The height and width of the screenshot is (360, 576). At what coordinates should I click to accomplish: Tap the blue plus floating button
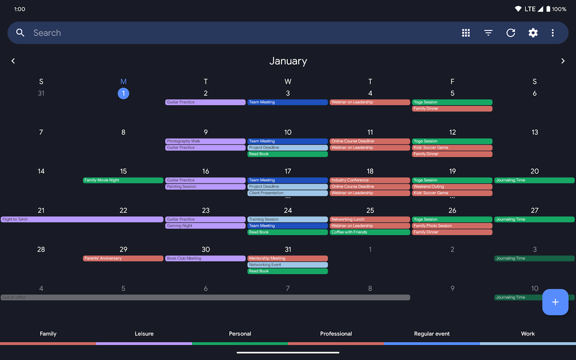pyautogui.click(x=555, y=302)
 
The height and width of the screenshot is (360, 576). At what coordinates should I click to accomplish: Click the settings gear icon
pyautogui.click(x=533, y=33)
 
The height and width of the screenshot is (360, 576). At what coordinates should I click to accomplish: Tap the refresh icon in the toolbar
pyautogui.click(x=511, y=33)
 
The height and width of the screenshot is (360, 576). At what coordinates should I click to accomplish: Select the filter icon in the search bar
pyautogui.click(x=488, y=33)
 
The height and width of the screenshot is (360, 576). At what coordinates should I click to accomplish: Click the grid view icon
pyautogui.click(x=466, y=33)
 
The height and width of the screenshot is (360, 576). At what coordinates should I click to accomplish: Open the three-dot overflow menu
pyautogui.click(x=553, y=33)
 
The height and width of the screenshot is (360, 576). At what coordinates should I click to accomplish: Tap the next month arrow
pyautogui.click(x=563, y=61)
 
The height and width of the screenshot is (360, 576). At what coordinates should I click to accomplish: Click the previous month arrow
pyautogui.click(x=13, y=61)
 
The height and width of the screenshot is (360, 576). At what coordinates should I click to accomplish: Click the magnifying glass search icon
pyautogui.click(x=20, y=33)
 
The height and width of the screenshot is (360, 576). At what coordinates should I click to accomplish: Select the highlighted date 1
pyautogui.click(x=123, y=93)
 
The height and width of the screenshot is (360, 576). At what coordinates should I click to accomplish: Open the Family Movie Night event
pyautogui.click(x=123, y=180)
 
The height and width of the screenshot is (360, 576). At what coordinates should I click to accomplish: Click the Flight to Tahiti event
pyautogui.click(x=82, y=220)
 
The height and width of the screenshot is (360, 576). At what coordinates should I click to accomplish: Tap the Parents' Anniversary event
pyautogui.click(x=123, y=259)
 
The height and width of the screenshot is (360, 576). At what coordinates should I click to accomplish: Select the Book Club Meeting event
pyautogui.click(x=205, y=259)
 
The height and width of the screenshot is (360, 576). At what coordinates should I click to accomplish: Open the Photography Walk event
pyautogui.click(x=205, y=141)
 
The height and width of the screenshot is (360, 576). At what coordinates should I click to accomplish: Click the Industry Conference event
pyautogui.click(x=370, y=180)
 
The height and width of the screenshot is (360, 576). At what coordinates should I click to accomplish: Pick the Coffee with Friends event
pyautogui.click(x=370, y=232)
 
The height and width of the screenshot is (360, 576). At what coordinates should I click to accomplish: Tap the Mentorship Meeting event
pyautogui.click(x=287, y=259)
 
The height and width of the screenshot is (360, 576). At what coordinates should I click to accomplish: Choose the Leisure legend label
pyautogui.click(x=144, y=334)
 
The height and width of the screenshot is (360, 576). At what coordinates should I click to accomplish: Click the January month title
pyautogui.click(x=288, y=61)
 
